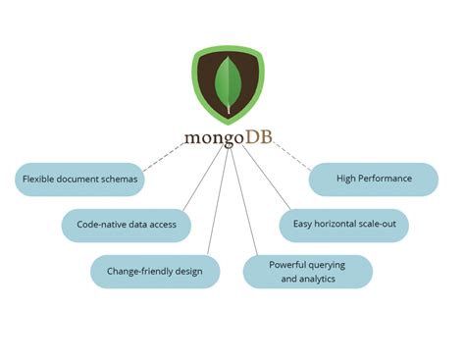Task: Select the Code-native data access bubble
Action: click(x=126, y=225)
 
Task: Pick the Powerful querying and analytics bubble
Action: click(x=308, y=271)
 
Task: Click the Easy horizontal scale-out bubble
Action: click(x=343, y=225)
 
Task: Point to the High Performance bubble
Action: click(x=373, y=180)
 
